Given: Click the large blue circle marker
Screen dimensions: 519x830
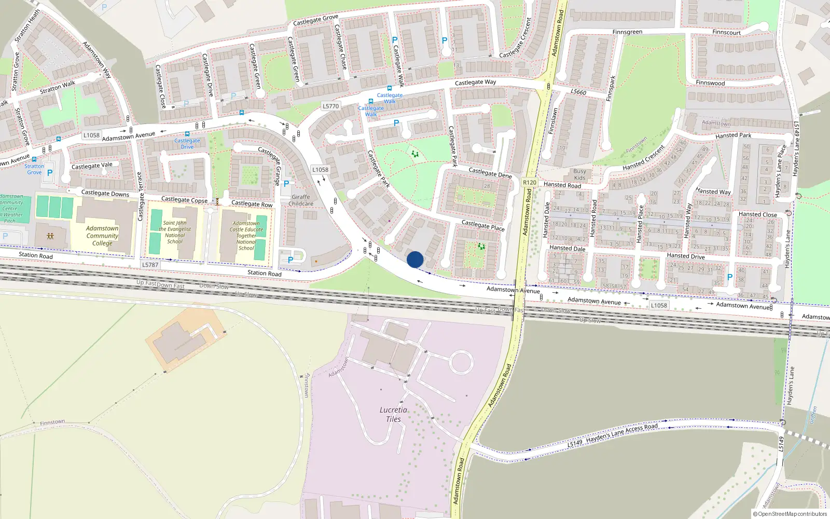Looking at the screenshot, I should [415, 259].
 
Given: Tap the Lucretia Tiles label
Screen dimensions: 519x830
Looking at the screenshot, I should [393, 414].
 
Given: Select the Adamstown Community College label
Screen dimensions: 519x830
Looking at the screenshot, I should [102, 236].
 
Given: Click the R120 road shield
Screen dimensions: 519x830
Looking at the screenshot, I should [530, 182].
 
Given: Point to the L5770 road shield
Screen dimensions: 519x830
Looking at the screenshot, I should [330, 106].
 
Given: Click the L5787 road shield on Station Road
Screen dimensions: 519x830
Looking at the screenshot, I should [150, 265].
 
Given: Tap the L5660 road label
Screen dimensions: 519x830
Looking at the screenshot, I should [578, 92].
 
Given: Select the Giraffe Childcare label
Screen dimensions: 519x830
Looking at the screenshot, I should [301, 200].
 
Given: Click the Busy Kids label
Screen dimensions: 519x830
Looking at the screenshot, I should [579, 174].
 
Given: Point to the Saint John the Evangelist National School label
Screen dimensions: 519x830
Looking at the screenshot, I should [175, 232].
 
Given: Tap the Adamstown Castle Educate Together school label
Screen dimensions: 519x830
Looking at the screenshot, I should [246, 236].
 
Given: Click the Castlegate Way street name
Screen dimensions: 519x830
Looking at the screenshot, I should [475, 83].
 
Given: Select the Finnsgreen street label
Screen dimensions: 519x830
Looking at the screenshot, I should [627, 32].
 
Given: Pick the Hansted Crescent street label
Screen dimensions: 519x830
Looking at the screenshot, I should [644, 158].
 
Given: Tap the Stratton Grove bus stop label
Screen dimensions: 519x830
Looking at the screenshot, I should [34, 169].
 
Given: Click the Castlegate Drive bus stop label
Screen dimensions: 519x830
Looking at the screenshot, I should [187, 144].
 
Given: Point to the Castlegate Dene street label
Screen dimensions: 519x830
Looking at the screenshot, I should [490, 172].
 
